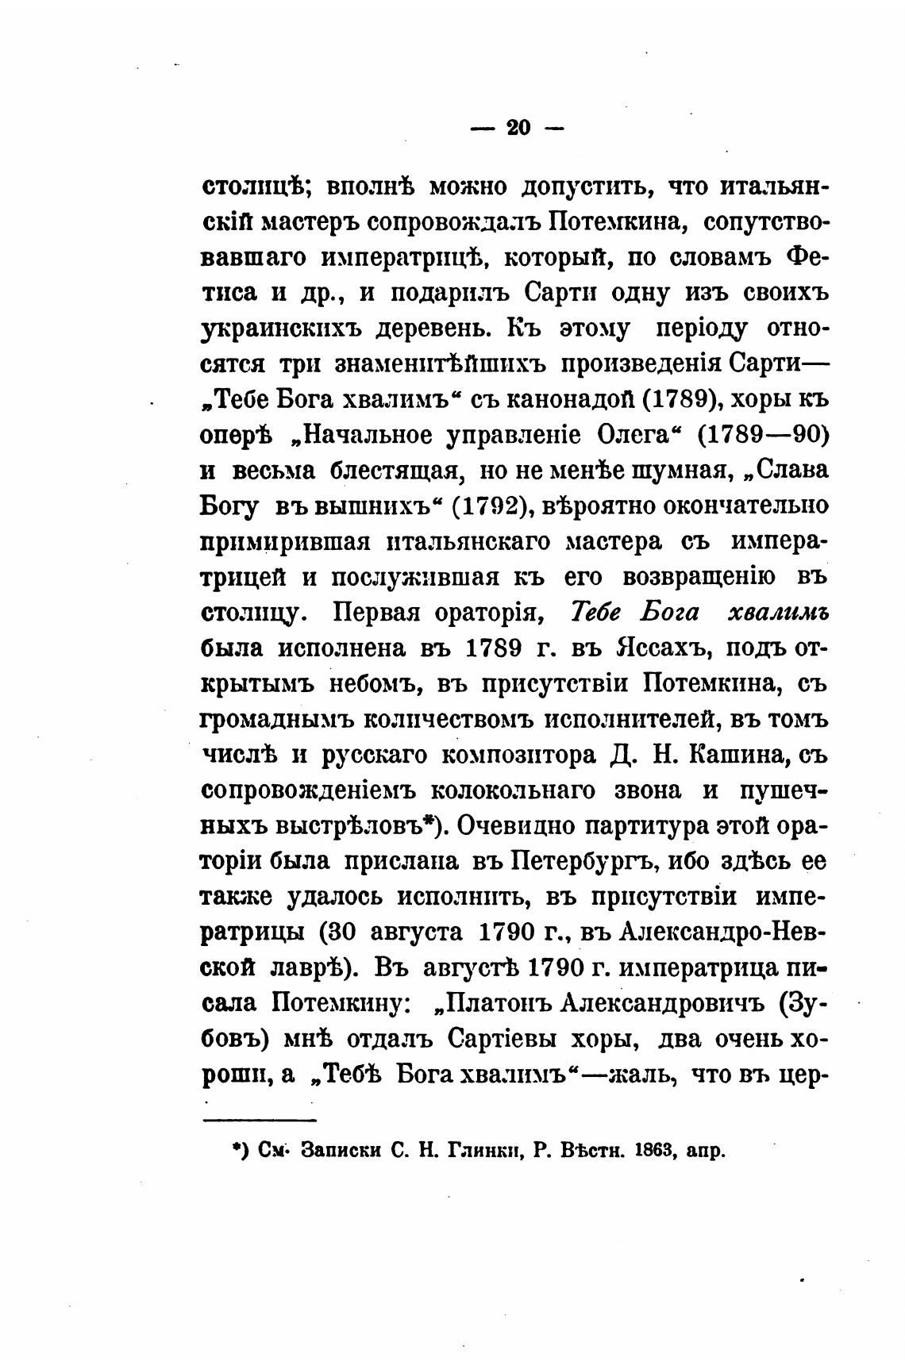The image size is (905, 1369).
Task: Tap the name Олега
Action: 632,436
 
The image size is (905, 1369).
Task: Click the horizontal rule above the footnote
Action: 260,1120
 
